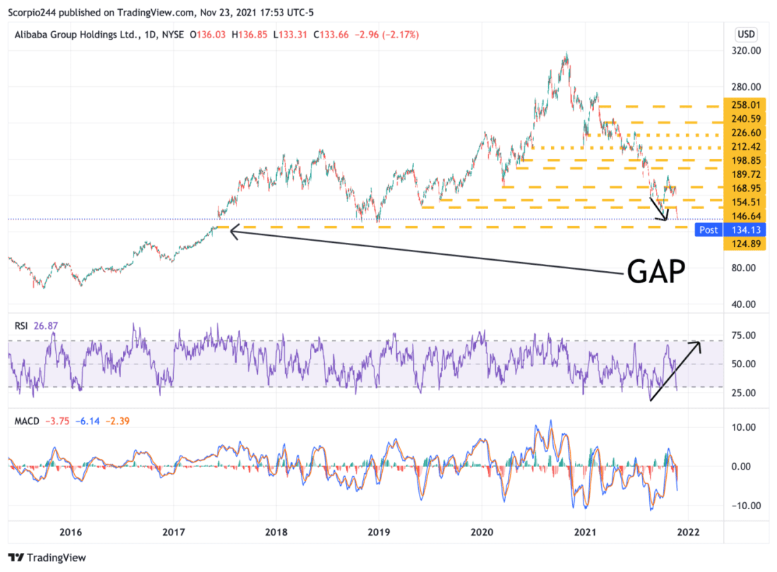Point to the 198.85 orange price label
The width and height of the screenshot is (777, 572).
(x=746, y=160)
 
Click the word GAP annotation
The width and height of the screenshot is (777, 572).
(x=656, y=270)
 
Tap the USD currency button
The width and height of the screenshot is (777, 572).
(x=746, y=34)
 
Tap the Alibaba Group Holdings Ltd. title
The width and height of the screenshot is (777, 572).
(x=74, y=34)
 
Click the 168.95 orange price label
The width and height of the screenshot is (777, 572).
(x=746, y=188)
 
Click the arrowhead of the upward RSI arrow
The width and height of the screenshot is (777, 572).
(x=699, y=344)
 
